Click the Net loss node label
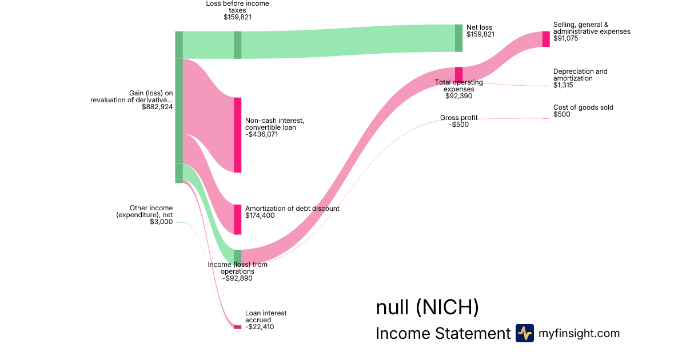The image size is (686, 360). [x=479, y=27]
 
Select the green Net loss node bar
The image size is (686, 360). [x=458, y=38]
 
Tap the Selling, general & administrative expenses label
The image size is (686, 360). [x=591, y=28]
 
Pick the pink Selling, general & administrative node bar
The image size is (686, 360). [x=546, y=39]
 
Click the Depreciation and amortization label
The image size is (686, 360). [x=580, y=75]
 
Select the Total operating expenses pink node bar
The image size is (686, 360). [x=458, y=74]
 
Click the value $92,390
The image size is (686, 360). [x=458, y=96]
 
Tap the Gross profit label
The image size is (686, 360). [x=458, y=118]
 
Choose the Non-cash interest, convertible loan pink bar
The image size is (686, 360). [x=237, y=135]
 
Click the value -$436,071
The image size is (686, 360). [x=261, y=134]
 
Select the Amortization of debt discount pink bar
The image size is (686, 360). [x=237, y=219]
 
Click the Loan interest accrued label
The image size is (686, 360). [x=266, y=317]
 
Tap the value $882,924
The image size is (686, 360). [x=157, y=106]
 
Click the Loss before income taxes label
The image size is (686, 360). [x=237, y=7]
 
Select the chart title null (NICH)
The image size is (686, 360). [x=427, y=307]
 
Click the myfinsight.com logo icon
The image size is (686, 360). [x=524, y=333]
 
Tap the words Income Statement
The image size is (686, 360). [x=442, y=334]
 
